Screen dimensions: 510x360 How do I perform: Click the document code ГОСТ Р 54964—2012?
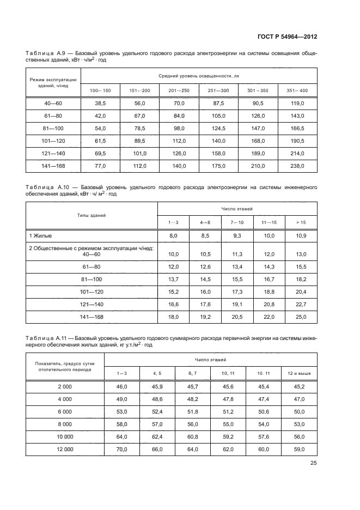(x=287, y=37)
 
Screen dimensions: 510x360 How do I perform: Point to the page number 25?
(x=314, y=463)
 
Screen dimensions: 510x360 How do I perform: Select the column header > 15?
(x=301, y=222)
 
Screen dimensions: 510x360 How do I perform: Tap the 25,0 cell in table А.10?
(x=301, y=317)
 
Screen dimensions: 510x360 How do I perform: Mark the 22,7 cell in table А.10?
(x=301, y=303)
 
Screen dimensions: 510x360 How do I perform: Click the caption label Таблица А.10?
(x=50, y=187)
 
